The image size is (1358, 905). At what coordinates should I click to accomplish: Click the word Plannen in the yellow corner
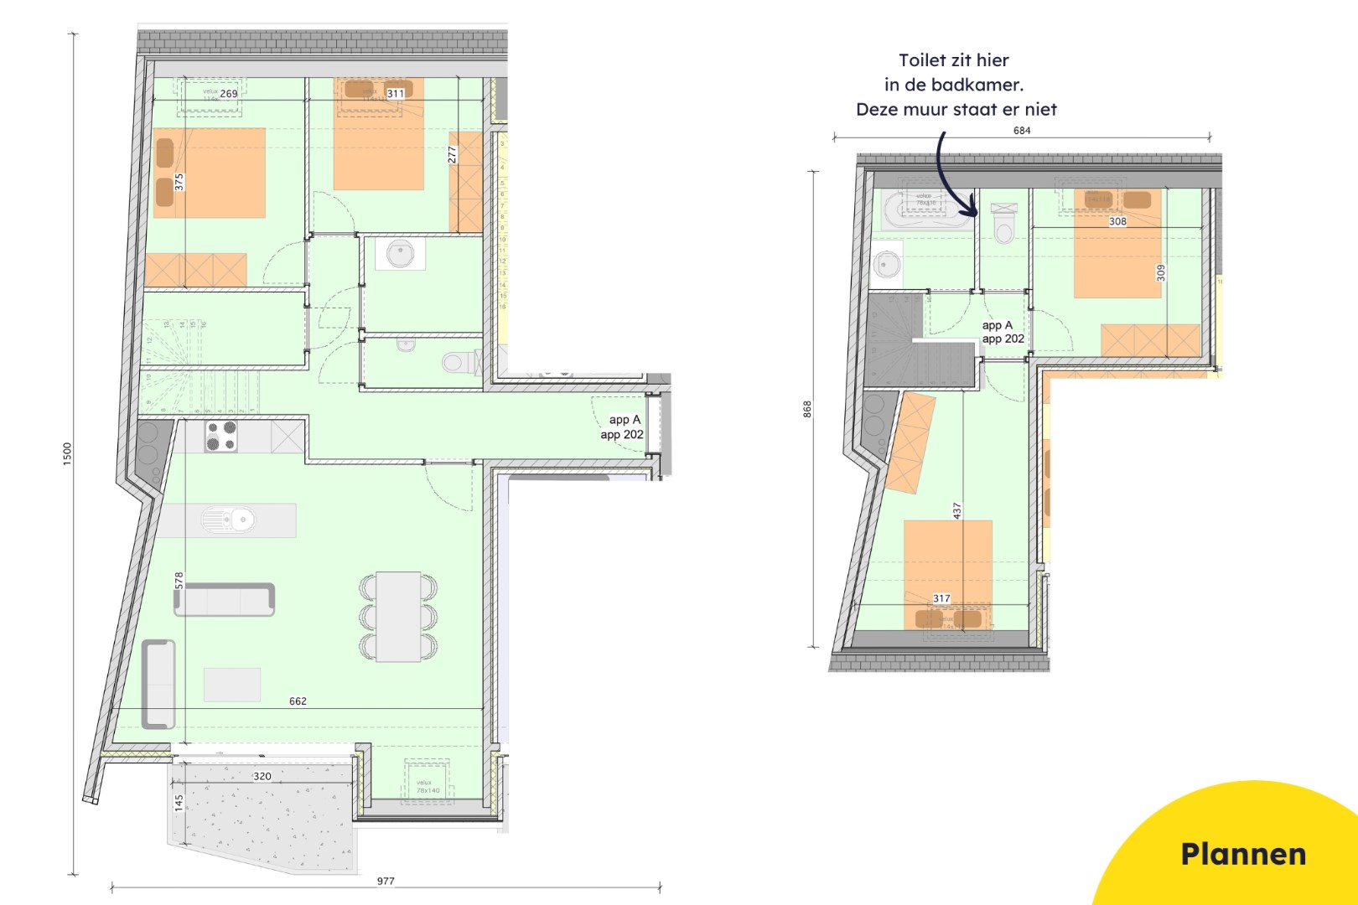click(1243, 854)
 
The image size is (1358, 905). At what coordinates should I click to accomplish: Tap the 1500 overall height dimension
click(67, 453)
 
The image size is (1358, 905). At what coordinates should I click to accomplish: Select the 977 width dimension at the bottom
click(386, 881)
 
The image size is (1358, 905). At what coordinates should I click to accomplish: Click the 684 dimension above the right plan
click(1022, 130)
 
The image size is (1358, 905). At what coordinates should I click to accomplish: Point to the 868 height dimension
click(807, 409)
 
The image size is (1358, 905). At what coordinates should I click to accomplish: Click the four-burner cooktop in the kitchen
click(221, 436)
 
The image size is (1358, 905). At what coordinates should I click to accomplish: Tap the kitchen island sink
click(228, 520)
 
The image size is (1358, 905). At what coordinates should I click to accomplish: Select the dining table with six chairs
click(398, 616)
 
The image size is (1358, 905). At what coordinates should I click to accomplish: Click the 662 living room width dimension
click(298, 701)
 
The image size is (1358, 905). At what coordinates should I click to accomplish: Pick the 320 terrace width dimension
click(262, 776)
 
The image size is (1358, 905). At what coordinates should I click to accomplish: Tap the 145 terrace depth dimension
click(179, 803)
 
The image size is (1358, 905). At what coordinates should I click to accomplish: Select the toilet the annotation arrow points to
click(1003, 225)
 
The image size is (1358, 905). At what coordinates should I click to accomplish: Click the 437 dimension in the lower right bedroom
click(956, 510)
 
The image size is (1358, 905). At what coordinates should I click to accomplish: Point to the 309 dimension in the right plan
click(1161, 272)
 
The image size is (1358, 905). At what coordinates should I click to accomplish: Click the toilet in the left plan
click(454, 362)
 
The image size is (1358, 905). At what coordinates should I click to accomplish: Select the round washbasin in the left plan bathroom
click(401, 252)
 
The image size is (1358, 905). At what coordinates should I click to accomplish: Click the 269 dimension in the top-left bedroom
click(229, 94)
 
